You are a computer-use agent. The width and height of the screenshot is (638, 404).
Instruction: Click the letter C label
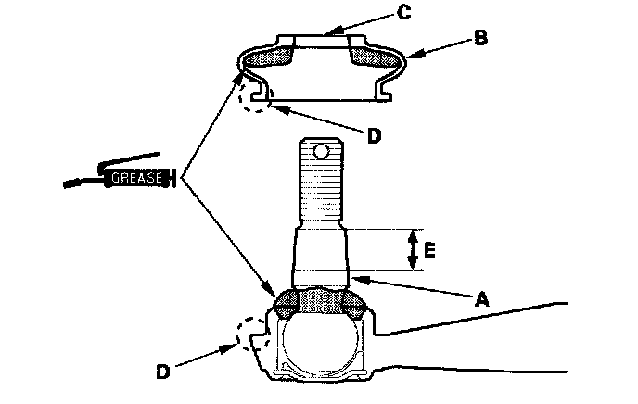(403, 12)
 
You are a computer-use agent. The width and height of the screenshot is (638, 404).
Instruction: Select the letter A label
(480, 298)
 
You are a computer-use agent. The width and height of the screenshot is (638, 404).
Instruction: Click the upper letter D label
(373, 135)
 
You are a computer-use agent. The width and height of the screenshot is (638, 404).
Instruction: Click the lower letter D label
(162, 372)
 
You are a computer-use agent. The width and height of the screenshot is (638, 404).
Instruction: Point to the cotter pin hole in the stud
(321, 150)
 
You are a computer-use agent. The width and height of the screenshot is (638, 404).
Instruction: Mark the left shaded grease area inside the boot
(270, 57)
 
